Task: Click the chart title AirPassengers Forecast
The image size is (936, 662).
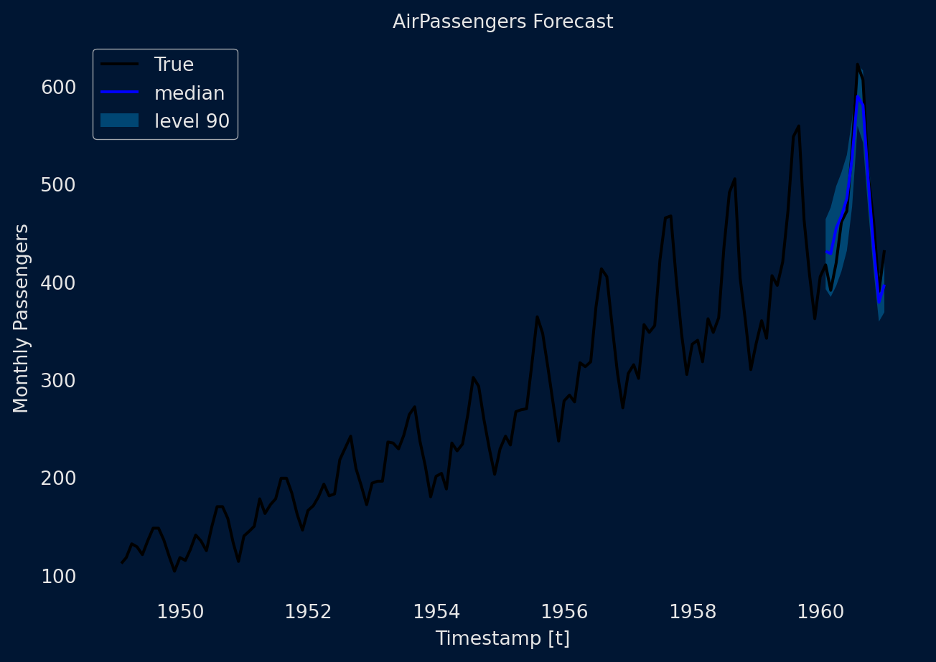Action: click(502, 22)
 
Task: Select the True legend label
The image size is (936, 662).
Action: click(174, 65)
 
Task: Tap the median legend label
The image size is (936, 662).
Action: click(189, 93)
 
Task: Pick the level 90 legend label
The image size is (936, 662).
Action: click(192, 121)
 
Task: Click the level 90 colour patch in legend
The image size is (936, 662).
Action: click(119, 120)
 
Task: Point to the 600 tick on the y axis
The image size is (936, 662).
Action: click(59, 88)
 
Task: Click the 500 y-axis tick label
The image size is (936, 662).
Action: click(59, 185)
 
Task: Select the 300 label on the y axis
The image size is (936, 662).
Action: click(59, 381)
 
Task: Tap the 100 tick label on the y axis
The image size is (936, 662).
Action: click(59, 577)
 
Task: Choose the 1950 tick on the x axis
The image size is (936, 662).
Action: click(180, 612)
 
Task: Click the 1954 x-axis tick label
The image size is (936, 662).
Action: click(437, 612)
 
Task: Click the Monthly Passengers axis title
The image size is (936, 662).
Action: click(22, 318)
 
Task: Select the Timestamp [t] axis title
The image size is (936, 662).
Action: click(502, 638)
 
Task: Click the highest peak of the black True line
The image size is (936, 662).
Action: click(857, 65)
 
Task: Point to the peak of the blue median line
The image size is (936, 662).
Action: click(857, 95)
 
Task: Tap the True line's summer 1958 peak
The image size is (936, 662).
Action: click(734, 179)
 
